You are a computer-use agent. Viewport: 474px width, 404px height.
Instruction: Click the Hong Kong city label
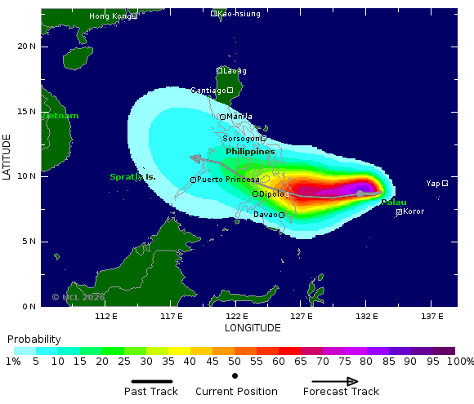(110, 16)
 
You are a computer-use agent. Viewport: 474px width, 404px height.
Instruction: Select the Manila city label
(239, 117)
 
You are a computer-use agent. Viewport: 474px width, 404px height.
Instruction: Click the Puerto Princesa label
(228, 180)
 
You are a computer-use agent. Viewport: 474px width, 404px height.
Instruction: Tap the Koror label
(414, 211)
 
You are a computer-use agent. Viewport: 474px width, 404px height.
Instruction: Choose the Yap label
(433, 184)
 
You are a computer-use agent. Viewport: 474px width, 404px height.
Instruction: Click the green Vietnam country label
(60, 116)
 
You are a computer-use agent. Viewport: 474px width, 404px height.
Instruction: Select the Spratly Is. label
(132, 177)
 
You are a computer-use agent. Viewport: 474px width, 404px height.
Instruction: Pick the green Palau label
(394, 202)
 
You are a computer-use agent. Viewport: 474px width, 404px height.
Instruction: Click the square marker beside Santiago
(230, 90)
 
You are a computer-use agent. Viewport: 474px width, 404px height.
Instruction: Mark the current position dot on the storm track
(360, 193)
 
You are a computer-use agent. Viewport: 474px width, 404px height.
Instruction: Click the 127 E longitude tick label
(301, 316)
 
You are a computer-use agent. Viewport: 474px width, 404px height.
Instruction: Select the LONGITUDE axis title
(253, 327)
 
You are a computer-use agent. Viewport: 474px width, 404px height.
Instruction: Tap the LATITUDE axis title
(7, 158)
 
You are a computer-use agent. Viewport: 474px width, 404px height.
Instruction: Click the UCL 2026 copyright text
(78, 298)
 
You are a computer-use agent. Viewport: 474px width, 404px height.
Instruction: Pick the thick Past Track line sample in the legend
(151, 381)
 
